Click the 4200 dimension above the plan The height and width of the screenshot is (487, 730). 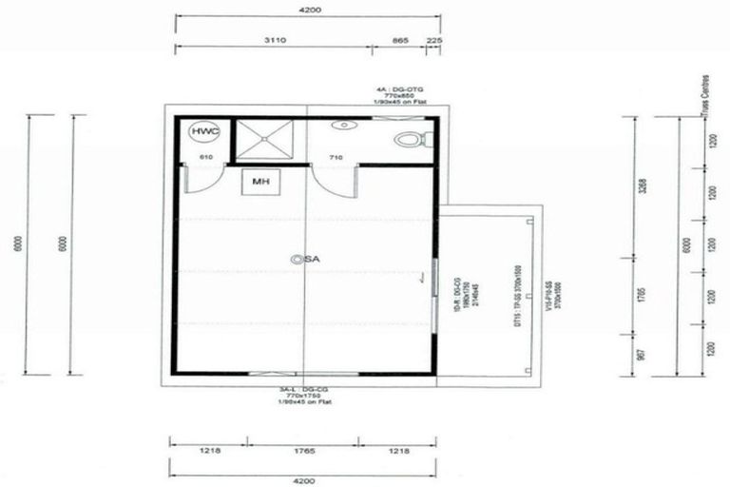tap(308, 10)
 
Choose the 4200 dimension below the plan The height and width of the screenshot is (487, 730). tap(304, 481)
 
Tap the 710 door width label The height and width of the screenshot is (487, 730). tap(335, 156)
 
